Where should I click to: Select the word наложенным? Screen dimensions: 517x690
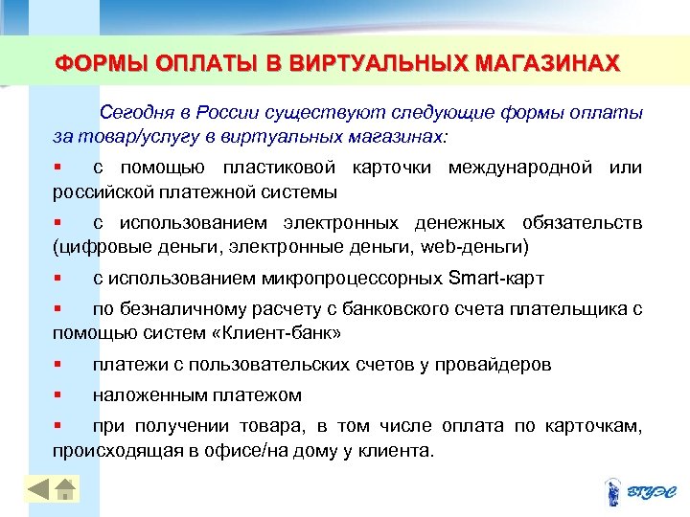tap(145, 394)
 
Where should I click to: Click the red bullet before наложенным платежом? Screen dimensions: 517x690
tap(58, 393)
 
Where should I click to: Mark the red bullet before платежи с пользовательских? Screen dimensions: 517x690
tap(58, 364)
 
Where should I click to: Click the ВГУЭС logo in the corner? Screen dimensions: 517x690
tap(641, 491)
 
